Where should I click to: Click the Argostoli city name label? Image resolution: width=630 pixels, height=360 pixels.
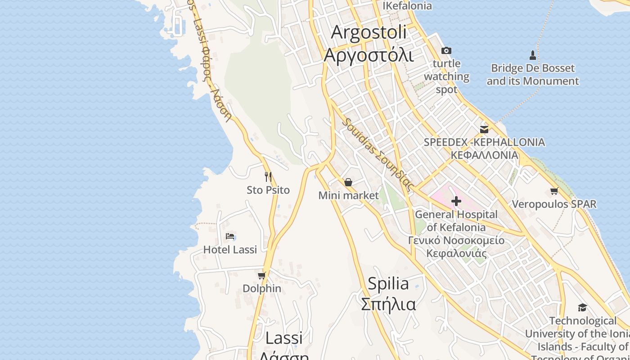[368, 44]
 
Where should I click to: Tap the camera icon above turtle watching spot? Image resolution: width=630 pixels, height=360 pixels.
[446, 50]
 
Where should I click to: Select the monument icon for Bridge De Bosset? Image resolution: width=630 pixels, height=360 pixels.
[533, 55]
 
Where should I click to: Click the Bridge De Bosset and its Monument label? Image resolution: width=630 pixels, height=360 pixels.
[533, 75]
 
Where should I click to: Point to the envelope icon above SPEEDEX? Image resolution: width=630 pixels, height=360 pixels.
[484, 130]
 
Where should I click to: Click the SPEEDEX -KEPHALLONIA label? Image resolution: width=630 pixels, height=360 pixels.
[484, 148]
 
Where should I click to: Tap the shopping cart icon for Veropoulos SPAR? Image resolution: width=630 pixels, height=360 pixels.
[554, 191]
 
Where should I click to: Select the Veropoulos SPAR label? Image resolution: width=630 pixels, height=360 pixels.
[554, 204]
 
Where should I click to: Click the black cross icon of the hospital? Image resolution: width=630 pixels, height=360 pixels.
[456, 201]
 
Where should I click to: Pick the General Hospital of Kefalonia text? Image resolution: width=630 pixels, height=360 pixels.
[456, 220]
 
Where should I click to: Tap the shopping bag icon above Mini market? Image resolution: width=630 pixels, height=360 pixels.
[348, 182]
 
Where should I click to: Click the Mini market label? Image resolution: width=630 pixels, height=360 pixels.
[348, 195]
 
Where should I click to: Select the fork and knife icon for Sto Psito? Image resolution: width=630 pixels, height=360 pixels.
[268, 176]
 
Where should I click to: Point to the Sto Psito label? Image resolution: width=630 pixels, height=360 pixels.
[268, 190]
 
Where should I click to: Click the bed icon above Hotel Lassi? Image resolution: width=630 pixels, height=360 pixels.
[230, 236]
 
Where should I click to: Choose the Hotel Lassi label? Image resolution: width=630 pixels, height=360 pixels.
[230, 249]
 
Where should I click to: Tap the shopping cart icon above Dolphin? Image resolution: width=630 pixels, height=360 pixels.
[261, 275]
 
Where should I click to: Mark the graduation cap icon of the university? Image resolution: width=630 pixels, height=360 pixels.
[582, 307]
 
